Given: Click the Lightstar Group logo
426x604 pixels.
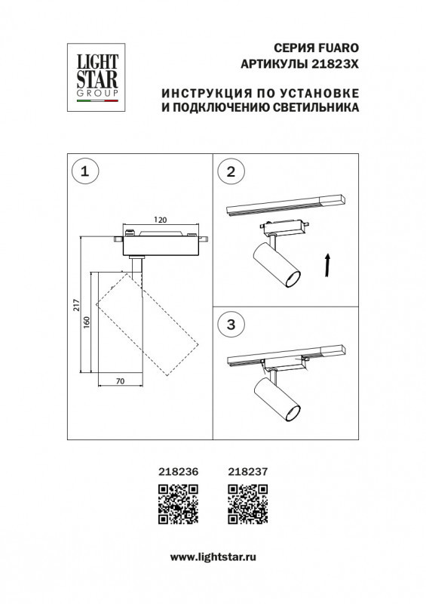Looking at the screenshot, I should point(93,73).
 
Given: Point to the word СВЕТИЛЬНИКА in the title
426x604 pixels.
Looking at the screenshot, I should point(314,108).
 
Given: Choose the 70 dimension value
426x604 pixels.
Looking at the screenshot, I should point(120,382).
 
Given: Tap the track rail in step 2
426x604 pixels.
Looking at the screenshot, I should point(285,205).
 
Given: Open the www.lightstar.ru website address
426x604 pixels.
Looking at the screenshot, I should point(212,556).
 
